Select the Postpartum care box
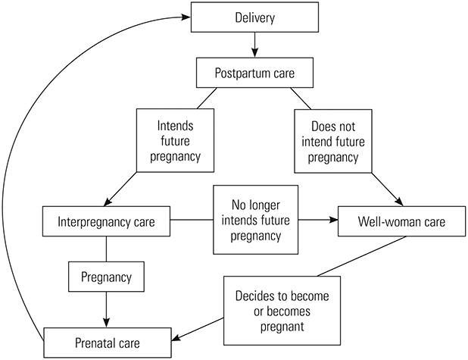tap(255, 74)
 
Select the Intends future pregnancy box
tap(173, 140)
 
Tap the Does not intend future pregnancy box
tap(335, 140)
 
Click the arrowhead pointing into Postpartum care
tap(255, 55)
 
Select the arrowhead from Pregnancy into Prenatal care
tap(106, 321)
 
